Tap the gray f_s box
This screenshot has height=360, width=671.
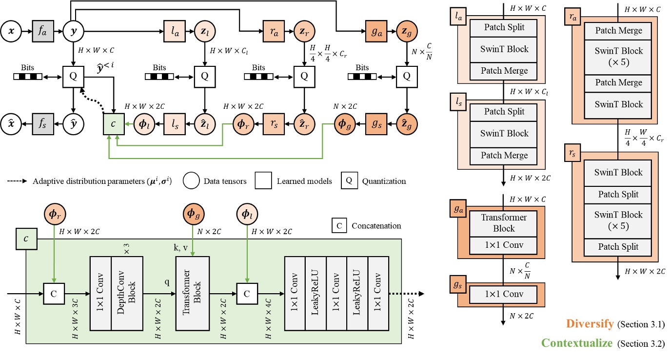42,119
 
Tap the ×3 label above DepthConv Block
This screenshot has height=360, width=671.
126,249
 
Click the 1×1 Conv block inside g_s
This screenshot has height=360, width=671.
503,295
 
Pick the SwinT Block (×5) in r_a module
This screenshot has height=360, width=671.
619,57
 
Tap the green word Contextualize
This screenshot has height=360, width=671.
577,342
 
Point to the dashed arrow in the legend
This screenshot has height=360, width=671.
18,181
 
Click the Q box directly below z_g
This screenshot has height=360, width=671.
405,76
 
